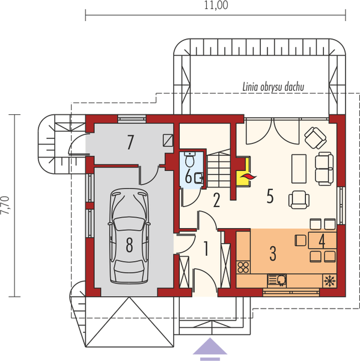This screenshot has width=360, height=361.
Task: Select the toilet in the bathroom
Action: point(190,161)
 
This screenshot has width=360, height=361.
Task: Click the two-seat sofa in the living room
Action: point(324,169)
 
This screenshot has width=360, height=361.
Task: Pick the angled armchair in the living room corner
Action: point(314,138)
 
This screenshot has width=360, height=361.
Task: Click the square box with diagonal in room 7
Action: point(169,140)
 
